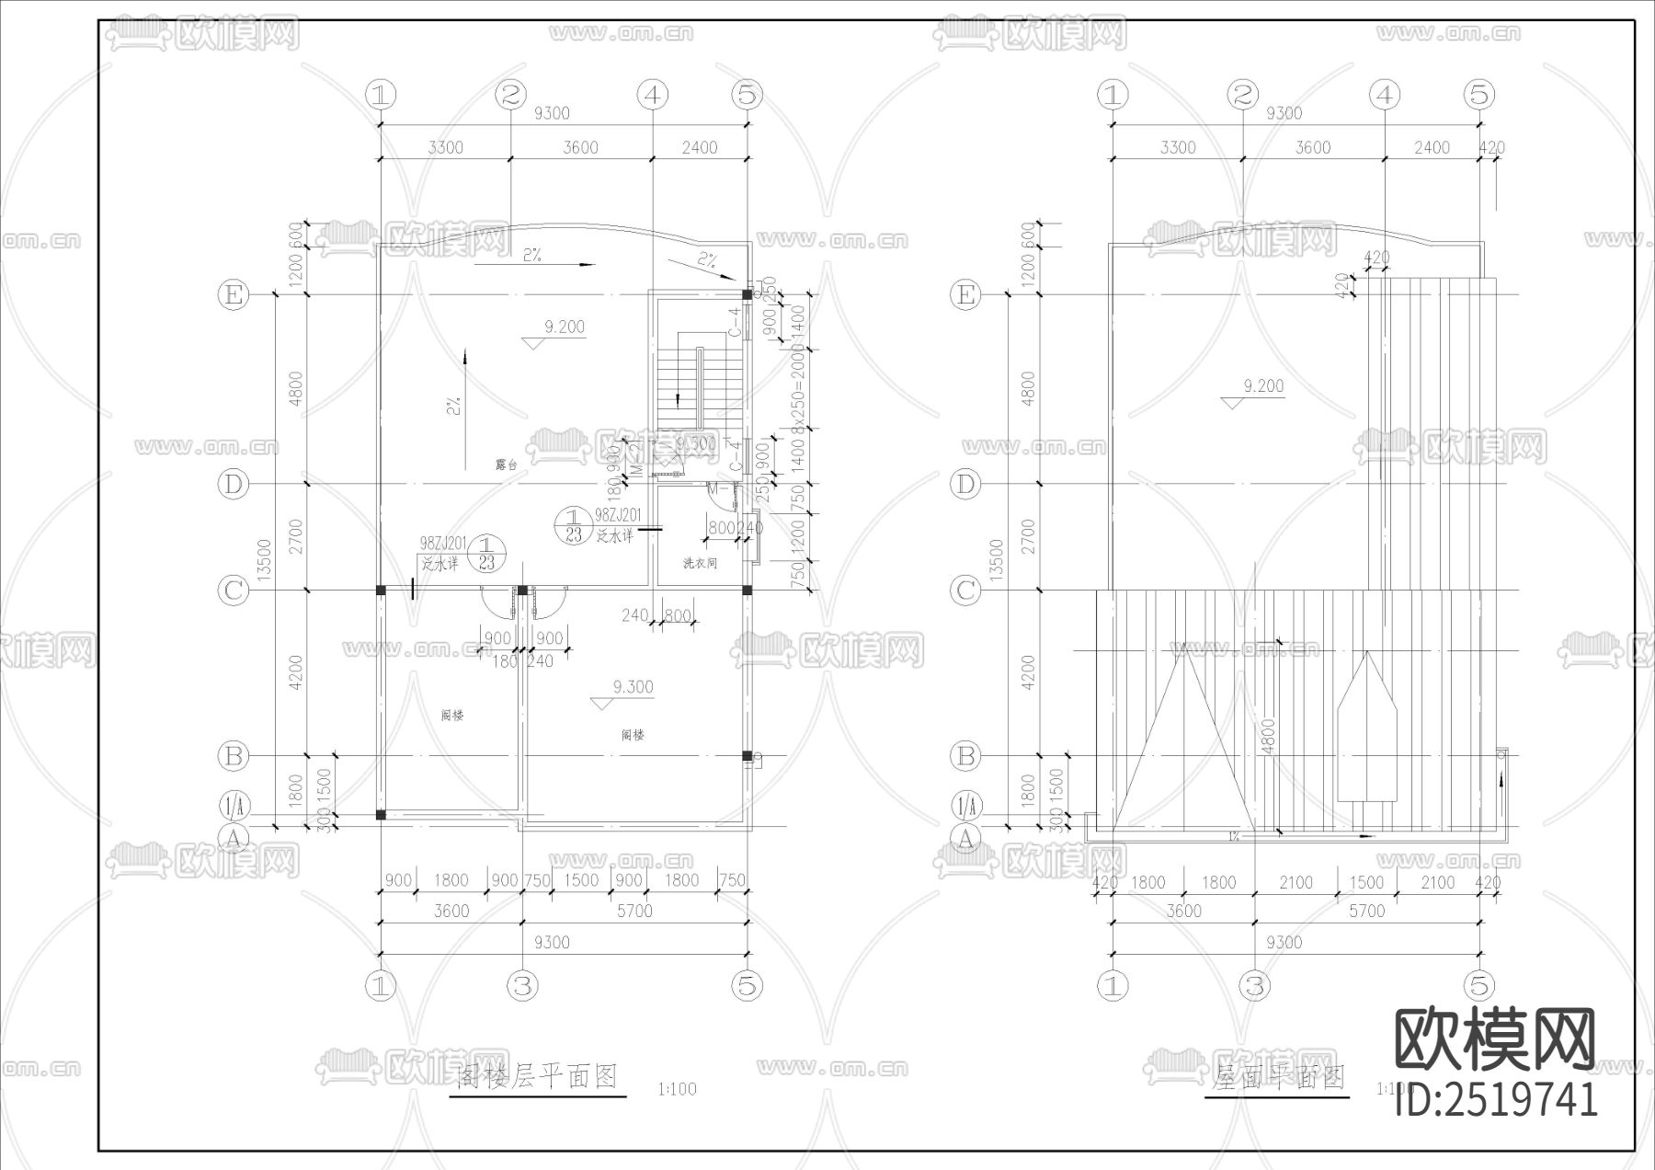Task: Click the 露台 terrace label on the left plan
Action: click(x=506, y=465)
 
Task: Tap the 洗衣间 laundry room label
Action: click(x=699, y=563)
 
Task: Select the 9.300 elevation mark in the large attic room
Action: click(x=633, y=687)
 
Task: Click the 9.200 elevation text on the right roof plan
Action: click(x=1262, y=386)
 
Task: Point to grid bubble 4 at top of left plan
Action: click(x=652, y=94)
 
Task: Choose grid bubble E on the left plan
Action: click(x=233, y=294)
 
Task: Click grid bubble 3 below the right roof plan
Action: click(x=1255, y=985)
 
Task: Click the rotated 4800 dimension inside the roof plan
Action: click(x=1268, y=737)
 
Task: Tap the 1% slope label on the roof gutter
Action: click(x=1233, y=836)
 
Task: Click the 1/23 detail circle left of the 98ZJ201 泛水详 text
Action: click(x=574, y=525)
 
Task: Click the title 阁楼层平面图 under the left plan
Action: click(x=538, y=1075)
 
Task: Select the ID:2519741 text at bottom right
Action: click(x=1496, y=1099)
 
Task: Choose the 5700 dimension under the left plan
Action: click(x=634, y=911)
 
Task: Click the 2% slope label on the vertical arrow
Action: click(x=454, y=405)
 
